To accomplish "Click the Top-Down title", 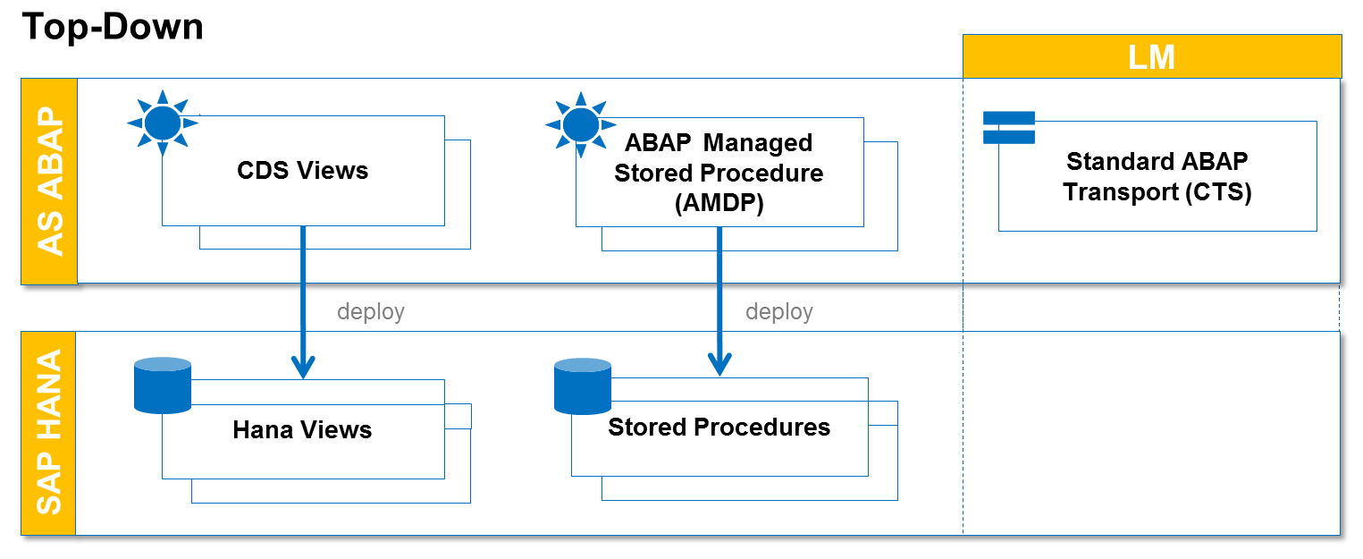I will pyautogui.click(x=113, y=27).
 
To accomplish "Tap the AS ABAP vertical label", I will pyautogui.click(x=50, y=182).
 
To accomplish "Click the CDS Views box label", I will pyautogui.click(x=302, y=170).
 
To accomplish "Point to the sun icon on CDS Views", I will pyautogui.click(x=162, y=123).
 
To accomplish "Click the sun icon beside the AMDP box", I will pyautogui.click(x=580, y=123).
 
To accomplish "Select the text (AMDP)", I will pyautogui.click(x=719, y=203).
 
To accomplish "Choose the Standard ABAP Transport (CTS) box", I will pyautogui.click(x=1157, y=177).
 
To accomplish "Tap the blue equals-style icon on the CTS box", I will pyautogui.click(x=1008, y=128).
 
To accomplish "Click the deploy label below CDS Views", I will pyautogui.click(x=370, y=311).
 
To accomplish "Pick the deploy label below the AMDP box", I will pyautogui.click(x=778, y=311).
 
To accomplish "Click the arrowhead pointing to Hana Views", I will pyautogui.click(x=304, y=366).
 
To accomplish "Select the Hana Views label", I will pyautogui.click(x=302, y=430).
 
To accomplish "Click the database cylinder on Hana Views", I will pyautogui.click(x=162, y=385).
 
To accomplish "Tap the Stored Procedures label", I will pyautogui.click(x=719, y=428).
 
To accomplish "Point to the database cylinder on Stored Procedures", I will pyautogui.click(x=582, y=386).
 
